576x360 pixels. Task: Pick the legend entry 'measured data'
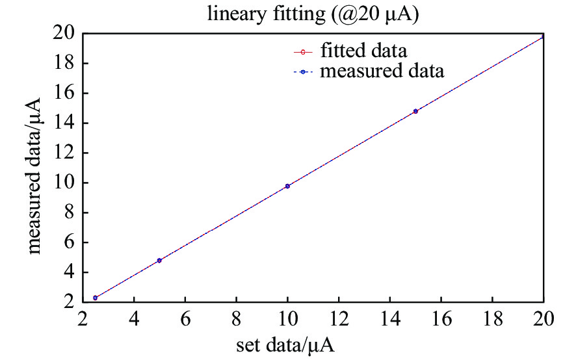[x=382, y=70]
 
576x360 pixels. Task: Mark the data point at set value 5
[x=159, y=261]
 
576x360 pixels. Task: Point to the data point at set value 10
[x=287, y=186]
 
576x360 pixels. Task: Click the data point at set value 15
[x=415, y=111]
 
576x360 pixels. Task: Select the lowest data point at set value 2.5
[x=96, y=298]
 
